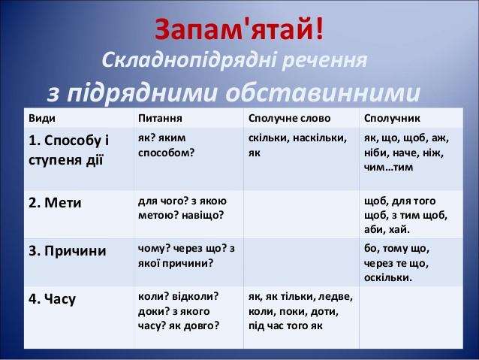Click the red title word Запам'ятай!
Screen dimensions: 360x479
click(x=240, y=28)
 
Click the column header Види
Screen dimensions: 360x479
click(x=42, y=119)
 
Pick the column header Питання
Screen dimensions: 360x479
click(x=161, y=119)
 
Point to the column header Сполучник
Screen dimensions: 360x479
click(x=392, y=119)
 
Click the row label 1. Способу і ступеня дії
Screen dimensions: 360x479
click(x=69, y=150)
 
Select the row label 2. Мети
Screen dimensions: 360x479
click(x=56, y=203)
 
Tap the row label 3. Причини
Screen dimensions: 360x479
click(x=68, y=251)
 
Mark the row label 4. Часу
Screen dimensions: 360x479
click(x=53, y=299)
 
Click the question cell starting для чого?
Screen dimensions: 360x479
click(x=188, y=208)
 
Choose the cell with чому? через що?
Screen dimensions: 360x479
click(x=187, y=256)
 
